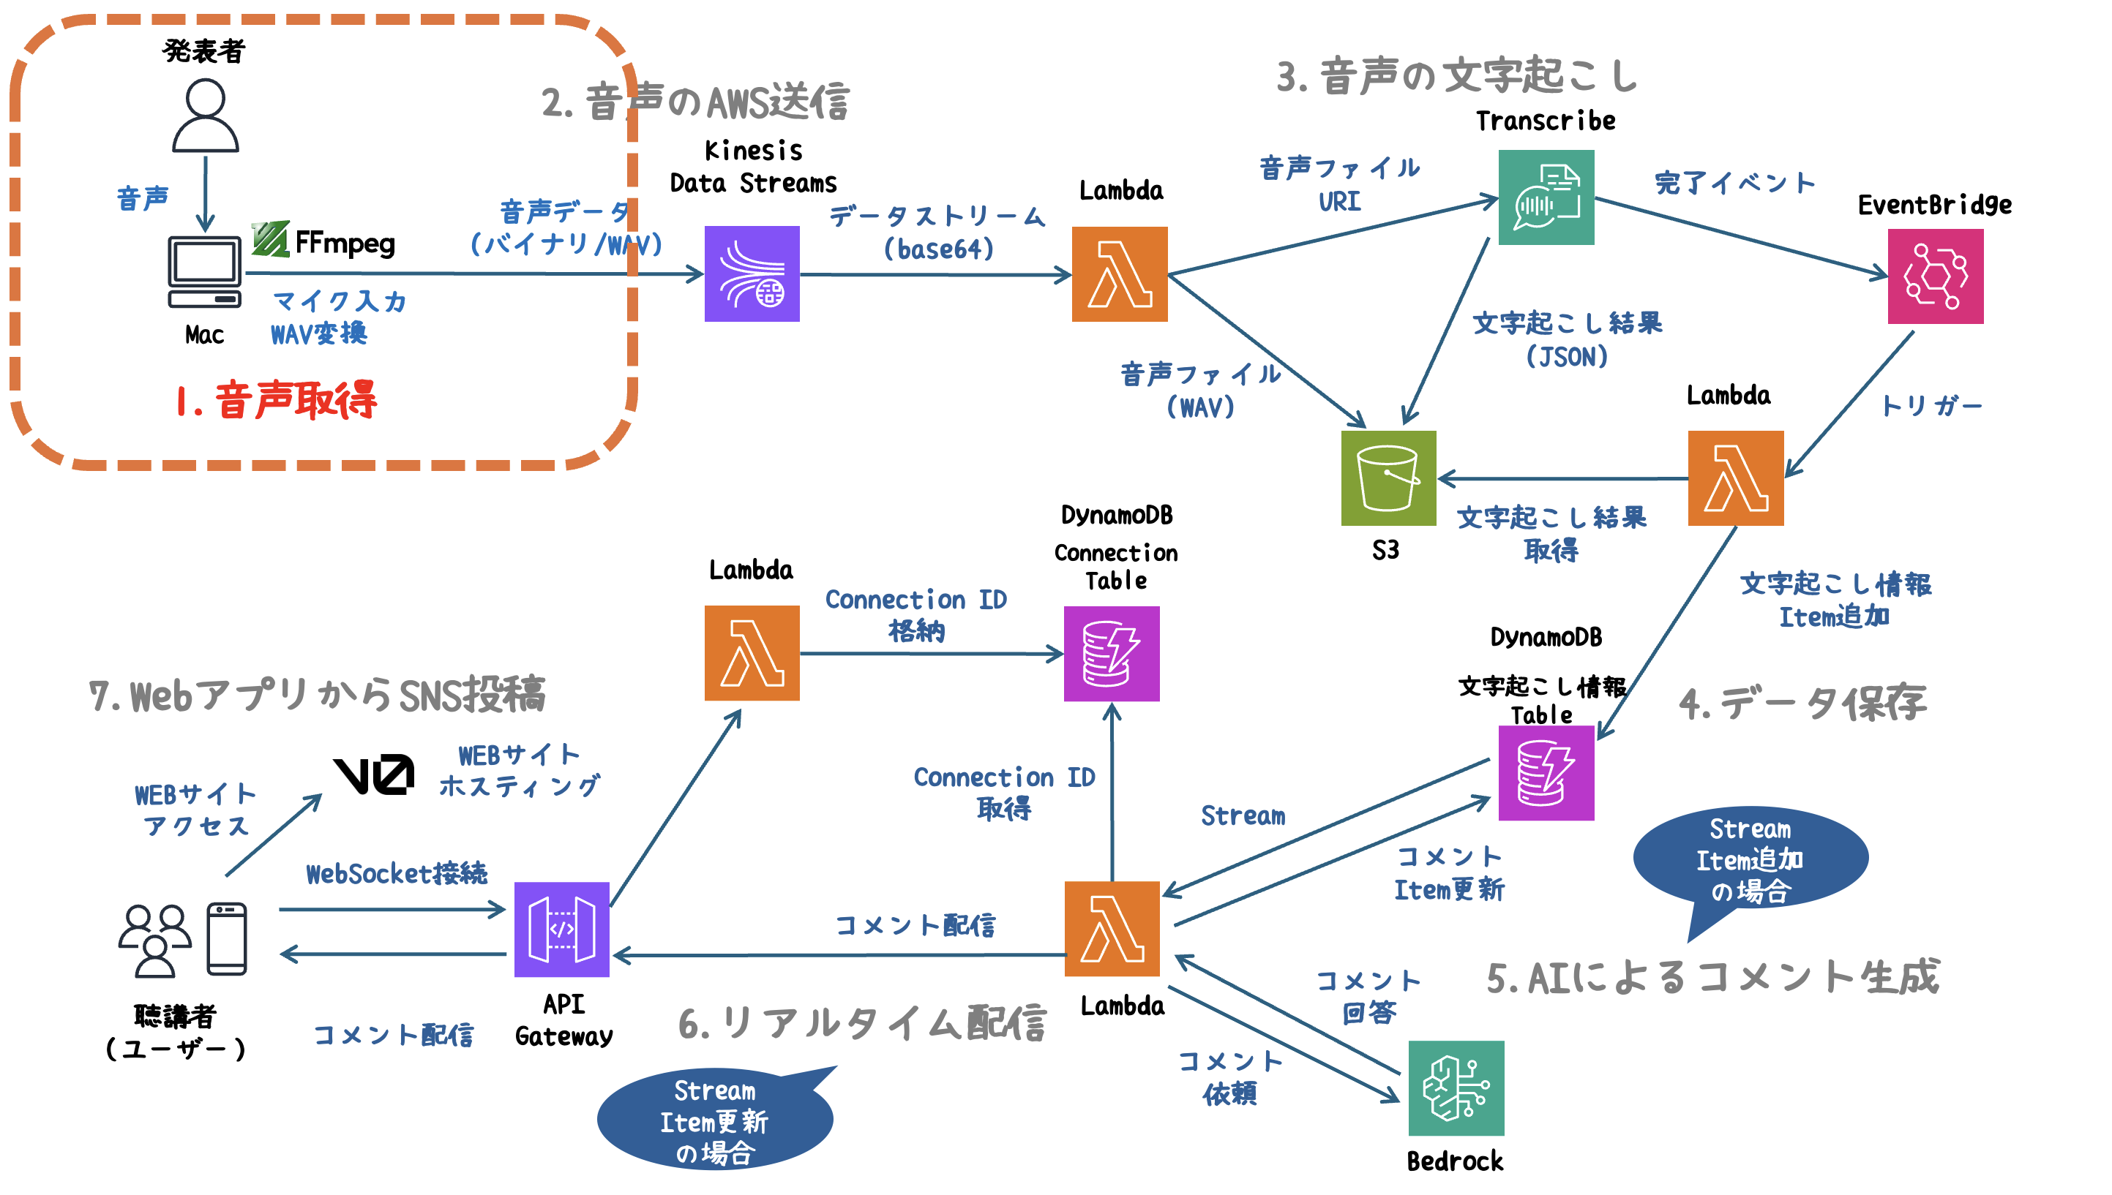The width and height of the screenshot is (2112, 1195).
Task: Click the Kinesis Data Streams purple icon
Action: point(752,274)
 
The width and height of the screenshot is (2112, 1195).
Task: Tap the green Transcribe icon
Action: point(1546,197)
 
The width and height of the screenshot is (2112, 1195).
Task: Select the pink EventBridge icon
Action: point(1935,276)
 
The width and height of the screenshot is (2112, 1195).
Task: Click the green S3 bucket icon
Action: point(1388,478)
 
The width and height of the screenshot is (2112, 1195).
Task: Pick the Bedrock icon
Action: point(1455,1087)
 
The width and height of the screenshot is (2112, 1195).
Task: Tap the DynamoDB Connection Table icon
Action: point(1111,653)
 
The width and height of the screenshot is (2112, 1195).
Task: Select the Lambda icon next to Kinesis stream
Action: point(1119,274)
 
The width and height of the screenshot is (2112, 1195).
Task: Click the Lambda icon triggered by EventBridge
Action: point(1735,478)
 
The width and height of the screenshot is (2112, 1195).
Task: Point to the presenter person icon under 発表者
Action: point(206,115)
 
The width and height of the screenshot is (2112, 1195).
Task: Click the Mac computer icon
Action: point(204,271)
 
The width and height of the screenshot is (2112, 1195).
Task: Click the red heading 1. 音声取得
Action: point(276,401)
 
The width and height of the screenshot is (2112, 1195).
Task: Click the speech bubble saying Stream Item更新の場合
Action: point(714,1120)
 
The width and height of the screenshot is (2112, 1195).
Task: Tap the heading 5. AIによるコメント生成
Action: point(1712,976)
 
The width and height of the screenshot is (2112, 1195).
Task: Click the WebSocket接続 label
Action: point(397,873)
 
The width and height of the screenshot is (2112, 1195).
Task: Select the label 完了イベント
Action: point(1734,182)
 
